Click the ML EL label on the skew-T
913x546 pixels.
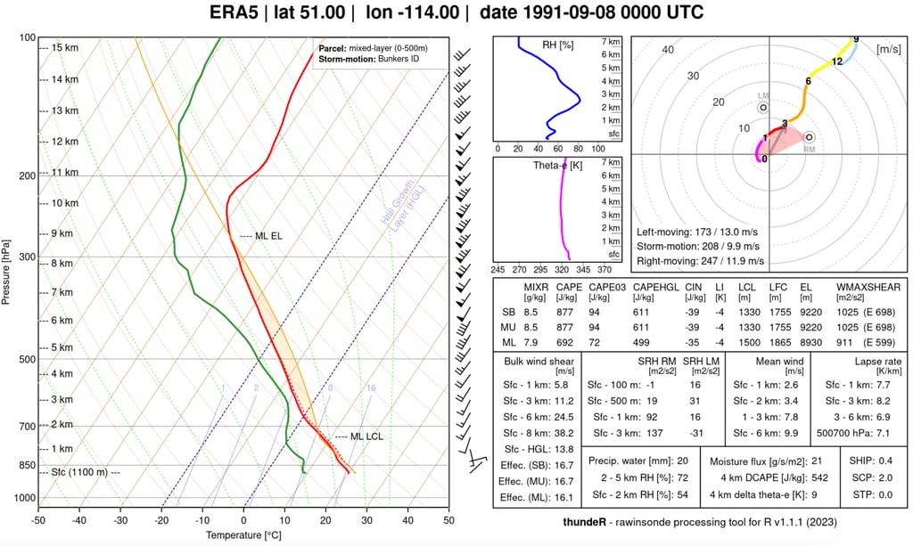tap(268, 236)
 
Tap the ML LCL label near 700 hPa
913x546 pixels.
tap(366, 436)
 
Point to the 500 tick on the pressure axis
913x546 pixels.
tap(27, 360)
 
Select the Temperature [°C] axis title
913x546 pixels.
tap(243, 535)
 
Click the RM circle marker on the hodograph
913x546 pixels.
tap(809, 138)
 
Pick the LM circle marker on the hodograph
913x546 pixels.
tap(763, 107)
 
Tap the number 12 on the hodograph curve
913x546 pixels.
tap(836, 61)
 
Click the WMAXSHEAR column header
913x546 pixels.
tap(868, 287)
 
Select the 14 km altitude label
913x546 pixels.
tap(64, 79)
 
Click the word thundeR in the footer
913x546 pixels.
tap(588, 521)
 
